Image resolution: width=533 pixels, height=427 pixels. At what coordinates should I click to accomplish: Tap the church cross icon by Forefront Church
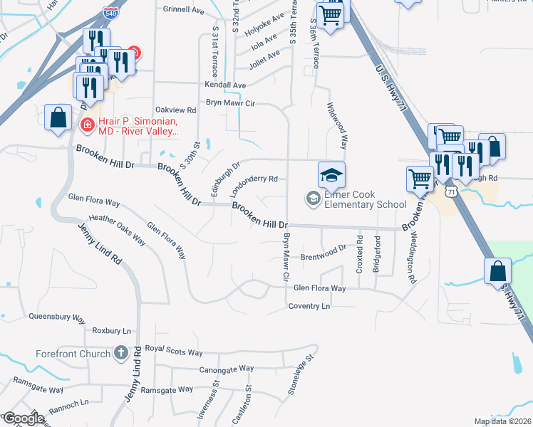coord(120,352)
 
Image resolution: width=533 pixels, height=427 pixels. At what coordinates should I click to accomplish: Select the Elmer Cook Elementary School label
coord(365,198)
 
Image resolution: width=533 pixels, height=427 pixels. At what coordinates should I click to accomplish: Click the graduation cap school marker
coord(331,174)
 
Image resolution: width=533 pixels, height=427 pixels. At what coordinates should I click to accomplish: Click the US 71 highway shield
coord(450,191)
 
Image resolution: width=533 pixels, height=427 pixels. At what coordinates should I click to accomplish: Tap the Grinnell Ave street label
coord(183,10)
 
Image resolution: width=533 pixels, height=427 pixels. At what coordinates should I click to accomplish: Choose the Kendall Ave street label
coord(224,85)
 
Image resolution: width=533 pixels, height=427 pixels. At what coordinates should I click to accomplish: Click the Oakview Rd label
coord(175,110)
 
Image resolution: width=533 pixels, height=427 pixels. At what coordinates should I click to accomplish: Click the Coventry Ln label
coord(309,306)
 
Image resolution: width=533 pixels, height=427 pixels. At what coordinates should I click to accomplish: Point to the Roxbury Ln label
coord(112,331)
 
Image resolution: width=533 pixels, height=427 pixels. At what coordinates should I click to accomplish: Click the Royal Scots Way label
coord(174,351)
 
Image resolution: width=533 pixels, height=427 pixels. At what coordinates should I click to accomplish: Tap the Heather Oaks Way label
coord(117,231)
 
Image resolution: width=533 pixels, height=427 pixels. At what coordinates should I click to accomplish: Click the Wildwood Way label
coord(337,125)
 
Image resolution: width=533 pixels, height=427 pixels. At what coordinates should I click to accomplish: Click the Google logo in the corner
coord(23,419)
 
